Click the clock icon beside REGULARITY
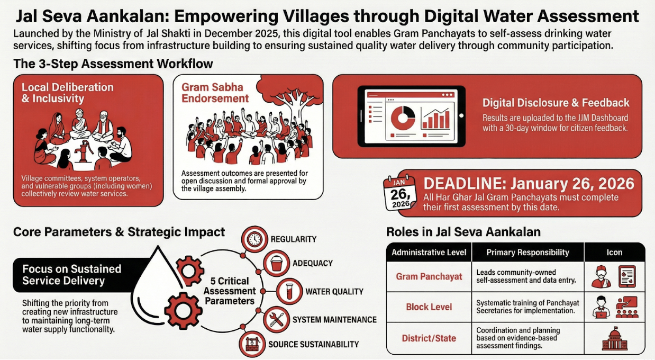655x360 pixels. pos(254,239)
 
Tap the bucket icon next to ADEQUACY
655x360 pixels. pos(276,263)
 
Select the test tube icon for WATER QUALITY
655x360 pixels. pos(289,292)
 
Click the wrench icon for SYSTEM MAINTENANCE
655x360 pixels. pos(276,320)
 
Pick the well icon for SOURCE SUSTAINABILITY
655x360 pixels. pos(252,344)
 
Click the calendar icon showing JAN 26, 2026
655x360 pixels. pos(400,193)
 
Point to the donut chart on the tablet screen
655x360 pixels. pos(403,118)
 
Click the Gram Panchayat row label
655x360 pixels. pos(429,276)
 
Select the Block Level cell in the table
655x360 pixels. pos(429,307)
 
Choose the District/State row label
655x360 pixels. pos(429,338)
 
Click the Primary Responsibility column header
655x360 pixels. pos(528,253)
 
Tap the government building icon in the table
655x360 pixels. pos(615,339)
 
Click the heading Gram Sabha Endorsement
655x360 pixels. pos(215,93)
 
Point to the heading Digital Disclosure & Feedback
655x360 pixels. pos(556,103)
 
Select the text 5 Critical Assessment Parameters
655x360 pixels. pos(230,291)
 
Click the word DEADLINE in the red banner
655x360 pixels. pos(465,184)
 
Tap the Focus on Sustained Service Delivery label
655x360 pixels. pos(71,275)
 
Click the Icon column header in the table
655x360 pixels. pos(614,253)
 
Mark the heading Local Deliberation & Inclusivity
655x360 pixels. pos(68,93)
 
